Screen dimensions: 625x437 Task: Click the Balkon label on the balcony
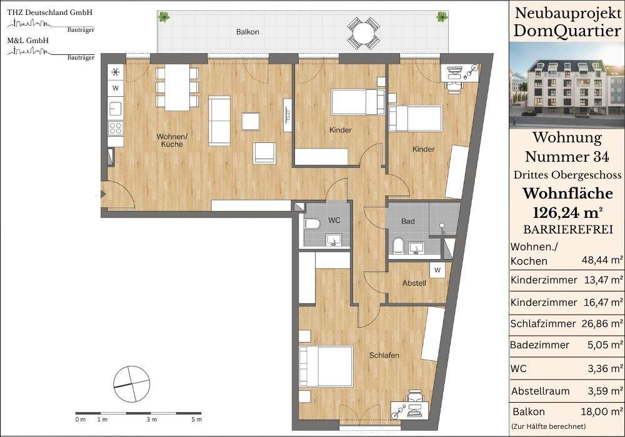[x=247, y=32]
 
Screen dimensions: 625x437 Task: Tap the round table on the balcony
[x=362, y=32]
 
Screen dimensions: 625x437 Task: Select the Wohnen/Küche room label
[x=172, y=140]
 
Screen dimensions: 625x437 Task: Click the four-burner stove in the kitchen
[x=116, y=128]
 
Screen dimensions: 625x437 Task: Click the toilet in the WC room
[x=311, y=223]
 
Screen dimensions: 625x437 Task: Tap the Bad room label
[x=407, y=221]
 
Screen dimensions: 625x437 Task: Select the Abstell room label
[x=414, y=283]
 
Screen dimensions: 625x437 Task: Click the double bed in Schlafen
[x=326, y=366]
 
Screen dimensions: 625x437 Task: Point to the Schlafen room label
[x=384, y=355]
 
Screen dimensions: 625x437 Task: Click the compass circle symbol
[x=131, y=384]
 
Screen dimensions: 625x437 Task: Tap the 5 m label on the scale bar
[x=196, y=420]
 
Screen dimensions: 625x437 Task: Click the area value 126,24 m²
[x=567, y=214]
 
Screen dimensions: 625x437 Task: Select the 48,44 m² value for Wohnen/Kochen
[x=602, y=260]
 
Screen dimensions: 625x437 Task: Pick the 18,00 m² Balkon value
[x=602, y=411]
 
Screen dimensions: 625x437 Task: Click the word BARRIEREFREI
[x=568, y=230]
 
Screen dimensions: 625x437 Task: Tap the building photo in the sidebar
[x=567, y=85]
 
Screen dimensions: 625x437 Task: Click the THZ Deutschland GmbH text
[x=50, y=12]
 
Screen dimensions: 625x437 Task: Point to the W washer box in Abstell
[x=437, y=270]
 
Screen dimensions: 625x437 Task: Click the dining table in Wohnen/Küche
[x=177, y=87]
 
